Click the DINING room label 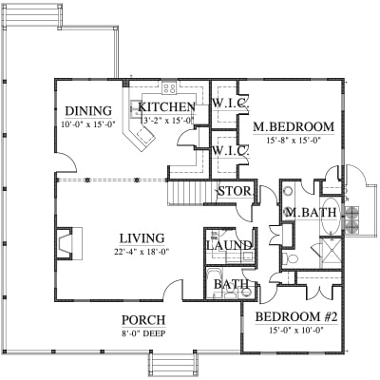(88, 111)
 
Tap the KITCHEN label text (166, 107)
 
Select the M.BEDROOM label (294, 126)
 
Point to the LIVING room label (142, 238)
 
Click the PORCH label (143, 320)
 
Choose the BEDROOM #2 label (296, 316)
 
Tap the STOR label (235, 191)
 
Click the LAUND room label (229, 245)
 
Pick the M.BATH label (311, 213)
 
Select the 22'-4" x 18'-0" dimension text (142, 252)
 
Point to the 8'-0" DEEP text (143, 333)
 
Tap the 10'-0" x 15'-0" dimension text (88, 124)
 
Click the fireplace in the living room (69, 243)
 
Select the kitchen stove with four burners (169, 87)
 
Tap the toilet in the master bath (290, 259)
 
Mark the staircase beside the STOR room (192, 192)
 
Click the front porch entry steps (173, 364)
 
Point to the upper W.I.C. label (231, 104)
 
